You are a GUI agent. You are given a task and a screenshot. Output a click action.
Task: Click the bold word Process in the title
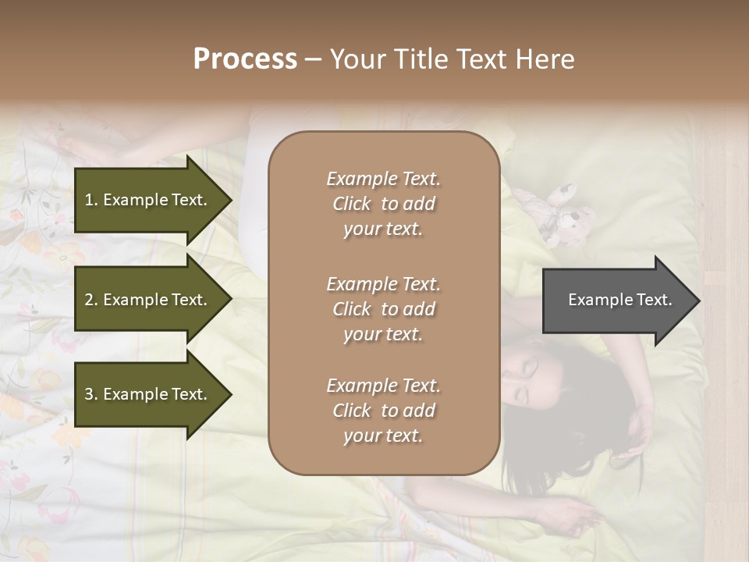click(x=245, y=59)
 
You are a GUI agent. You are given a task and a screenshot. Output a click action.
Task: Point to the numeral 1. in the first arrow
click(x=91, y=200)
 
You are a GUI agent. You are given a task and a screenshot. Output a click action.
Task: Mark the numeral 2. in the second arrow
click(x=91, y=300)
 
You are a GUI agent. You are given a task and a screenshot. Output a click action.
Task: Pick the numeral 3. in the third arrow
click(x=91, y=394)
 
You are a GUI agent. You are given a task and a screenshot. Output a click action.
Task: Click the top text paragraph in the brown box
click(x=383, y=204)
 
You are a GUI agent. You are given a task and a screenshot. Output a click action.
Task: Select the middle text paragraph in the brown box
click(x=383, y=309)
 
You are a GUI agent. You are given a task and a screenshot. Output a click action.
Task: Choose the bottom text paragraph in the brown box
click(x=383, y=411)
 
